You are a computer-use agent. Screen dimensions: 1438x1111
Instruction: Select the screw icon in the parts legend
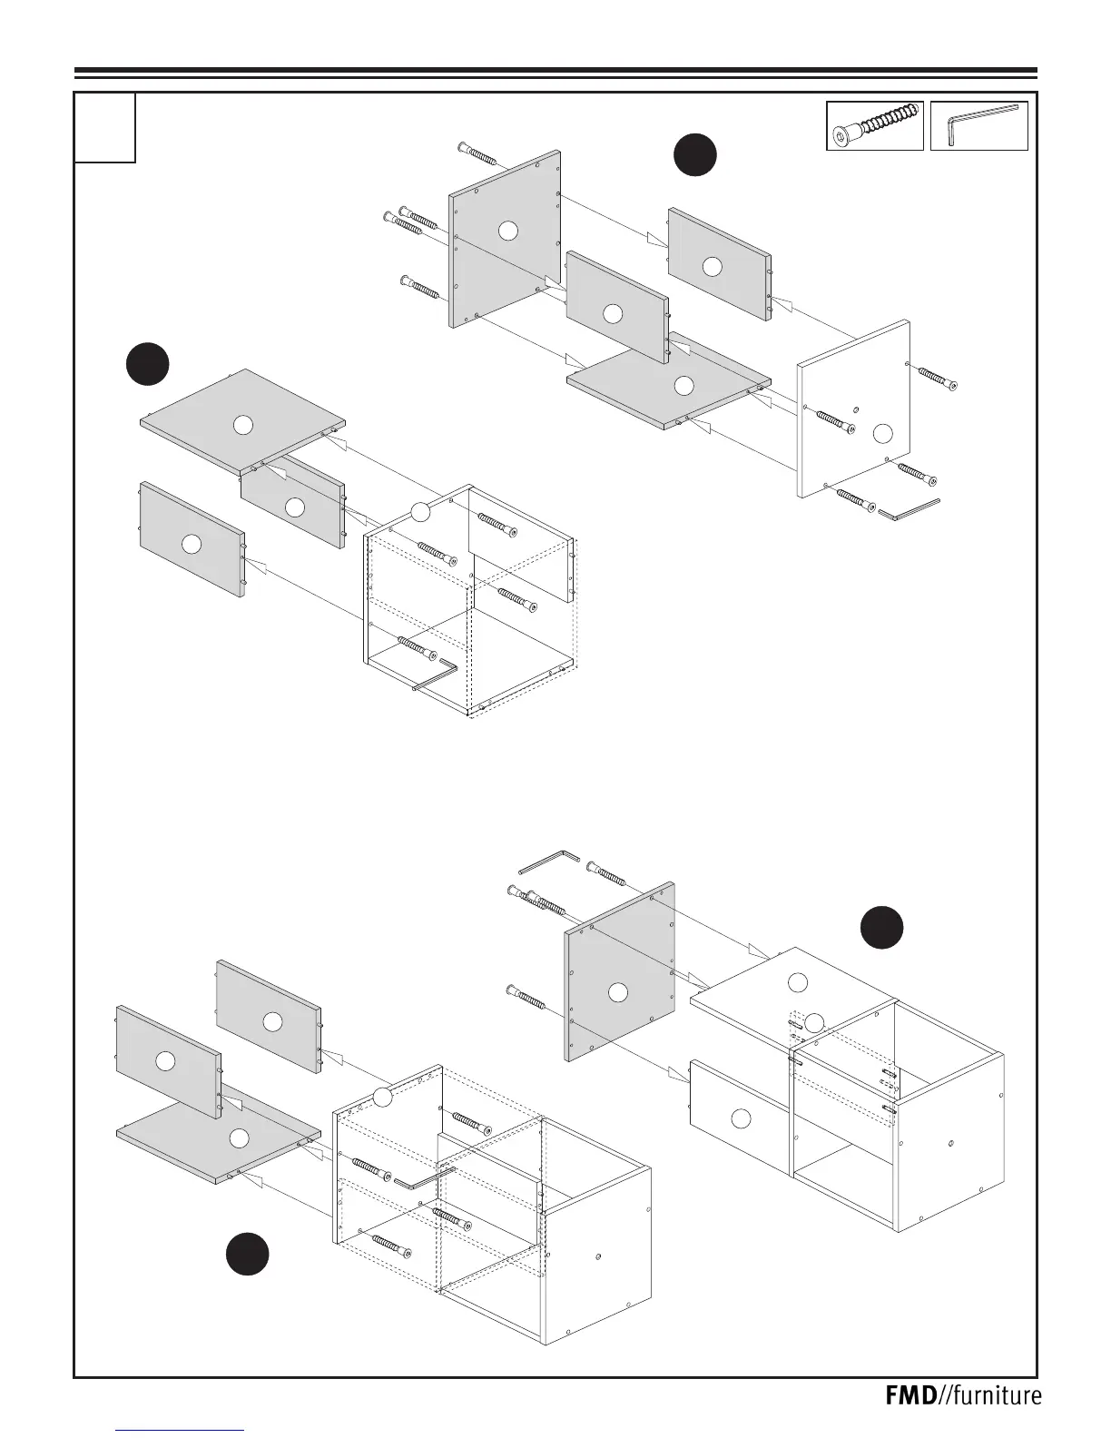tap(875, 125)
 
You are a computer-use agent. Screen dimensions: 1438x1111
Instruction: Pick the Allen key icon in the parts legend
tap(979, 124)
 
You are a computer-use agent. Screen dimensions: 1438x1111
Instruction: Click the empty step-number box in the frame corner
tap(105, 127)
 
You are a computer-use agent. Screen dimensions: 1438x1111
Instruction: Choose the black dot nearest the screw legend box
tap(695, 154)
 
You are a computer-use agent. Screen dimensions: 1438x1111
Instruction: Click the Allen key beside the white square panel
tap(909, 509)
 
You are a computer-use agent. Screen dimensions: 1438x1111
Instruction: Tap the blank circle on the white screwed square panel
tap(880, 433)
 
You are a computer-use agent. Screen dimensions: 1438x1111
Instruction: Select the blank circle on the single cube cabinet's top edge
tap(419, 512)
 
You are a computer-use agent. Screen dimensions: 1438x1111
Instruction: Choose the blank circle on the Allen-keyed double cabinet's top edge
tap(383, 1097)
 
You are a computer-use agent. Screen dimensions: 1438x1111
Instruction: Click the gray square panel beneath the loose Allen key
tap(620, 971)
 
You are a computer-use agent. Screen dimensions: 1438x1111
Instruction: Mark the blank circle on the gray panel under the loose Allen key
tap(618, 992)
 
